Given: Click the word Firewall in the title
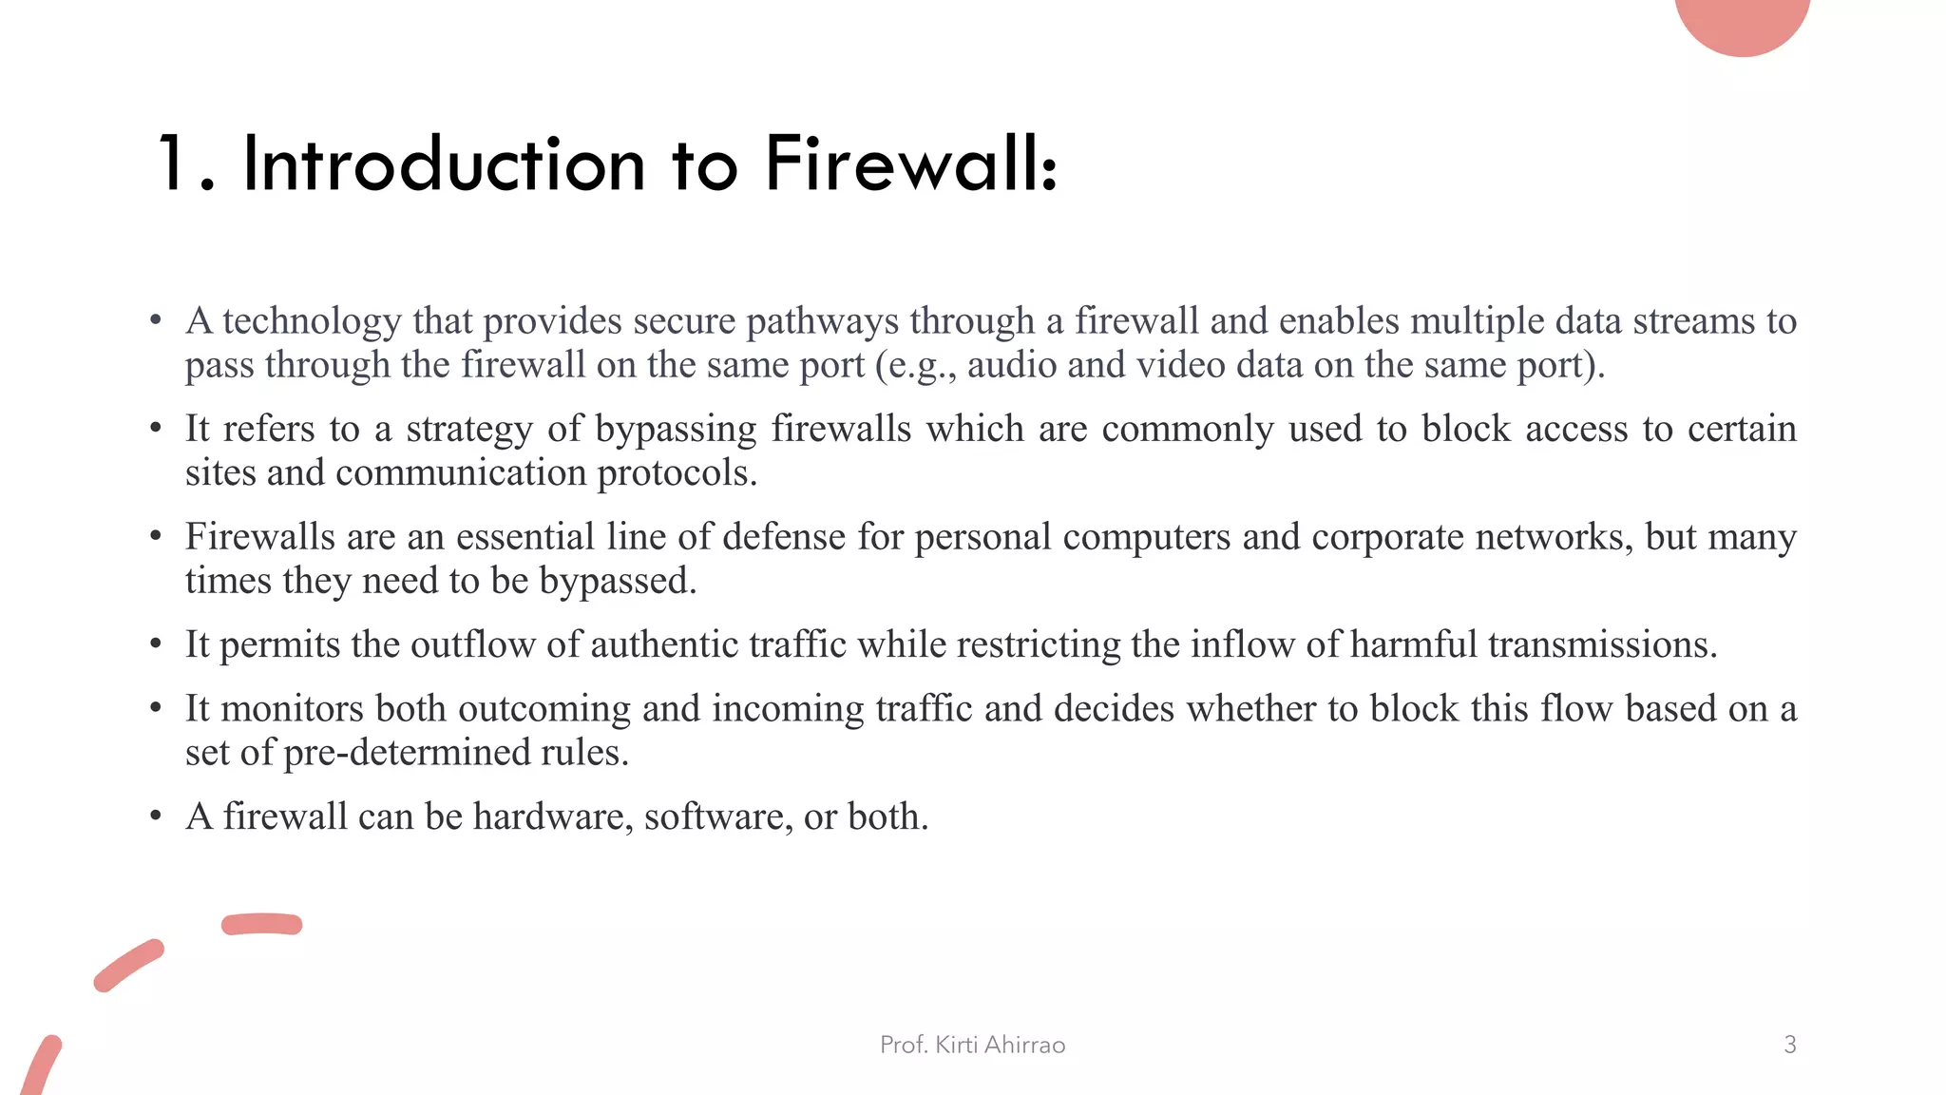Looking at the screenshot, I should [x=909, y=163].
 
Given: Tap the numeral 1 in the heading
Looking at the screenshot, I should [x=171, y=163].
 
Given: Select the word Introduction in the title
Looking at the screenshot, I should [x=444, y=163].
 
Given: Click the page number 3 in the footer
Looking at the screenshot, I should [x=1789, y=1045].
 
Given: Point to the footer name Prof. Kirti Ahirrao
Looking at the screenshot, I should [x=972, y=1045].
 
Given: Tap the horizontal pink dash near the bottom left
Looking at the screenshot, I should [x=261, y=924].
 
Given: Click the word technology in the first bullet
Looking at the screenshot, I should [x=312, y=321].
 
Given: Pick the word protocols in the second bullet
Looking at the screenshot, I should [x=677, y=472].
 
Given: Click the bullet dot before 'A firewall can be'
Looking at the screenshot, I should [x=156, y=816].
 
